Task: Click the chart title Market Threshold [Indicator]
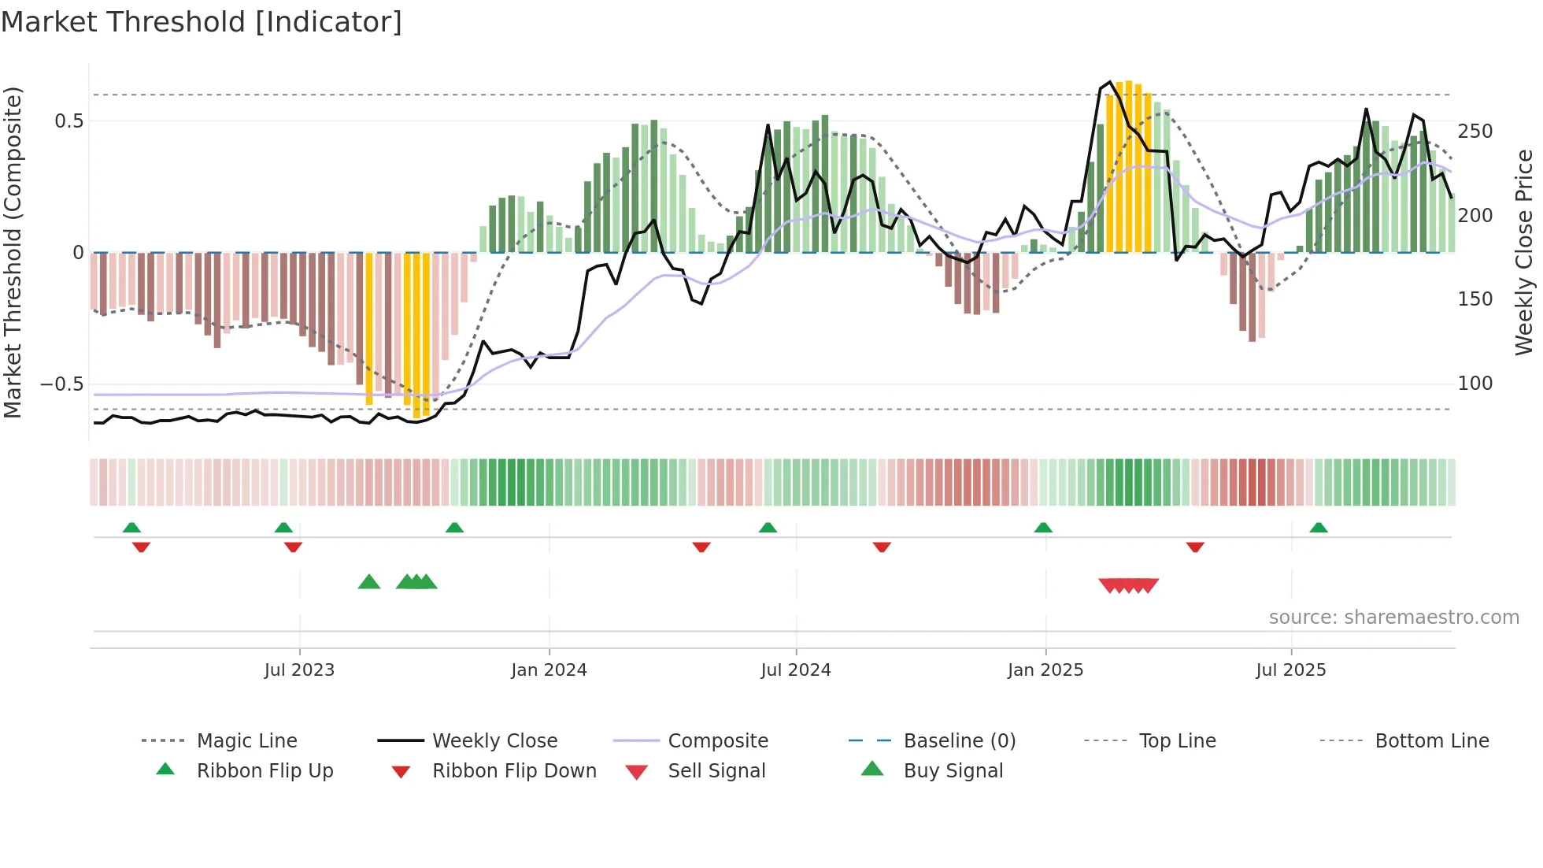pos(202,22)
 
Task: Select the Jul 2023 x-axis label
pos(299,670)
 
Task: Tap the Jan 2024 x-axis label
pos(549,670)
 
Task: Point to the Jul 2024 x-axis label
pos(795,670)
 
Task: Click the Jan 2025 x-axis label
pos(1045,670)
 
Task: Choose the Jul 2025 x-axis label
pos(1290,670)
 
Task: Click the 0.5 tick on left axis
pos(69,121)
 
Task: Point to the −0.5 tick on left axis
pos(62,384)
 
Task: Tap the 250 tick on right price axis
pos(1475,132)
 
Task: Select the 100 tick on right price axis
pos(1475,384)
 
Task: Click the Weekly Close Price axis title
pos(1524,252)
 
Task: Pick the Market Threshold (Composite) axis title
pos(13,252)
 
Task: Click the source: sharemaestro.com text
pos(1393,618)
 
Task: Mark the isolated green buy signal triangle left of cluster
pos(368,582)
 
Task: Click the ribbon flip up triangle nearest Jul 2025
pos(1319,527)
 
